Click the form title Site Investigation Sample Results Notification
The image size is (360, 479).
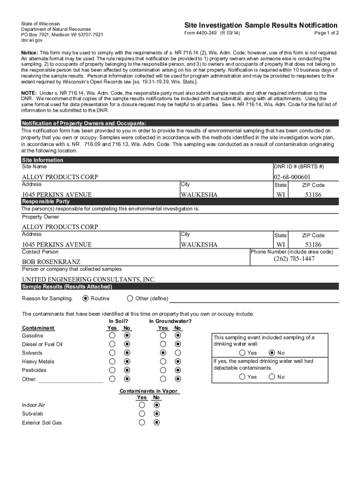pos(260,25)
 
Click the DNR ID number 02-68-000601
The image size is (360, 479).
pos(292,177)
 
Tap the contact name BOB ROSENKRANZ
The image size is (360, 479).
pos(51,262)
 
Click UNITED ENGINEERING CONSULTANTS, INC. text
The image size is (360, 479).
pos(88,279)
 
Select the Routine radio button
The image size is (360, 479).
pos(85,298)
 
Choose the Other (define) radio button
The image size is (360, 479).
pos(130,298)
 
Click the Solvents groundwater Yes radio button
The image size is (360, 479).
pos(163,353)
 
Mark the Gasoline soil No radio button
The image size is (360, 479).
pos(127,335)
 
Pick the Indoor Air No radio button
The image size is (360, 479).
pos(157,405)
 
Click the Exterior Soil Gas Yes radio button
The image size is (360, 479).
pos(142,422)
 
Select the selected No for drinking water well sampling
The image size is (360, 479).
pos(272,353)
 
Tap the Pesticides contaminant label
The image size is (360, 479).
pos(34,370)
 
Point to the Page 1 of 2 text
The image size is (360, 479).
pos(326,33)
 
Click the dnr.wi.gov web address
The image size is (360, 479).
pos(32,41)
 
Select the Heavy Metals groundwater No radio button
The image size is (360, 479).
pos(178,362)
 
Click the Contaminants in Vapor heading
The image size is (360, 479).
pos(148,391)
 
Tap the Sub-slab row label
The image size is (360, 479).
pos(33,414)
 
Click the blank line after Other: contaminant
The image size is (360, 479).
pos(71,379)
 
